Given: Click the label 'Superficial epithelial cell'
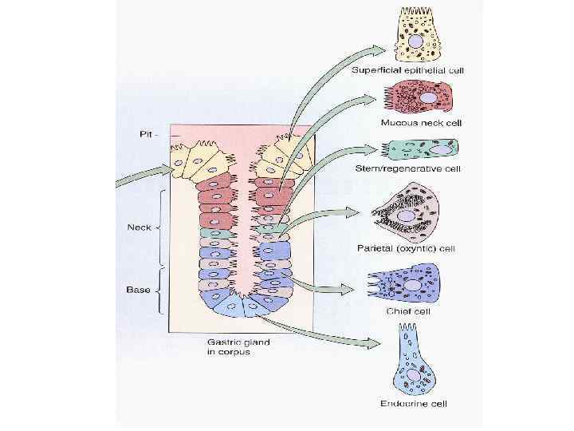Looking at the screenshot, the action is click(x=408, y=70).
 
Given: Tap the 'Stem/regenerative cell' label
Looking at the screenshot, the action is click(x=410, y=169).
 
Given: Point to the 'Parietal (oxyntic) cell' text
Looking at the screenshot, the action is click(x=406, y=248).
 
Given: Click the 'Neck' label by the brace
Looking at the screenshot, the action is click(x=140, y=227).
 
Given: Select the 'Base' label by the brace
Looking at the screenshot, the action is click(x=139, y=289).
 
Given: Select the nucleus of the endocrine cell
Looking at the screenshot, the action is click(x=413, y=374).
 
